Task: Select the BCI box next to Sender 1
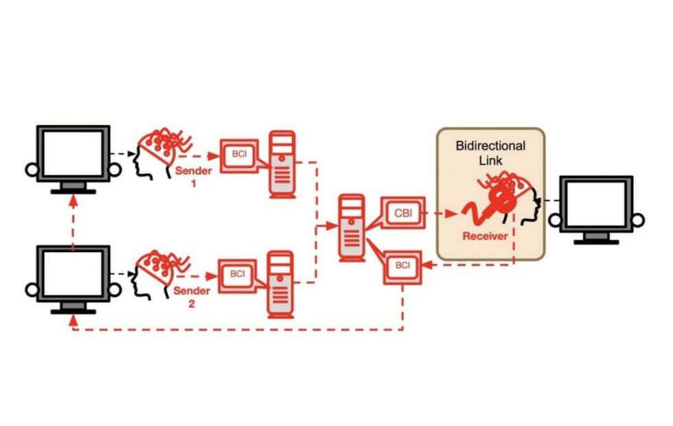[x=238, y=153]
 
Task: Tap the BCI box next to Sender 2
[x=238, y=273]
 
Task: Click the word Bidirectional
[x=490, y=146]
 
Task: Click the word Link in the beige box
[x=490, y=160]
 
